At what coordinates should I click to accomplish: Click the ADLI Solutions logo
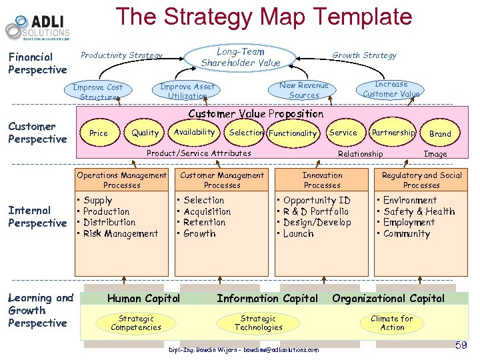point(37,27)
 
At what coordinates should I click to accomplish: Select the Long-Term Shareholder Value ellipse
point(241,57)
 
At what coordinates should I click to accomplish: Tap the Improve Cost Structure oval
point(98,92)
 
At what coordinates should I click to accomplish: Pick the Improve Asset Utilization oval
point(187,91)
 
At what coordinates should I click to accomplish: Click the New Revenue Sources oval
point(303,90)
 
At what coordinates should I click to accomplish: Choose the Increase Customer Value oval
point(391,89)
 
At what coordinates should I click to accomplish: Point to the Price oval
point(99,133)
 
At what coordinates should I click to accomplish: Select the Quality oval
point(145,133)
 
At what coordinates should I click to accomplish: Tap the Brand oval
point(440,134)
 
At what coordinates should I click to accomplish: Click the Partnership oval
point(393,133)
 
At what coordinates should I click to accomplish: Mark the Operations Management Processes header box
point(122,180)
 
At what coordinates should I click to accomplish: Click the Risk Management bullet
point(121,234)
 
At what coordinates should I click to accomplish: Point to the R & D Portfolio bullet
point(316,211)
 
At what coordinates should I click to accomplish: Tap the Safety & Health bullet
point(419,211)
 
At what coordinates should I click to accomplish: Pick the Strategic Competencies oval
point(135,323)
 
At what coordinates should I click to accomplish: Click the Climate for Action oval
point(392,323)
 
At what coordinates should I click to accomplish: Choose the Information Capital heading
point(267,299)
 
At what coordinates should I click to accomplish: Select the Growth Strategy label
point(364,55)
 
